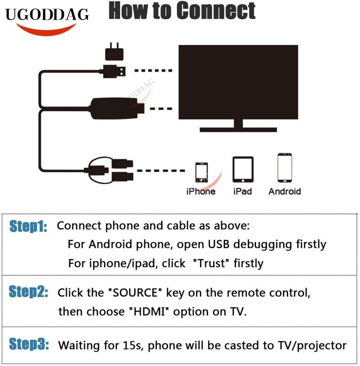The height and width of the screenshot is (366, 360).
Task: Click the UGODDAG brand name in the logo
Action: (x=47, y=15)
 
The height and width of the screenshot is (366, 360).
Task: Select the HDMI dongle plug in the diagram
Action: (x=117, y=109)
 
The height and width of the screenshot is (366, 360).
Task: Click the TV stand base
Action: (x=238, y=129)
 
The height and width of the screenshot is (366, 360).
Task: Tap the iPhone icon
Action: (x=201, y=172)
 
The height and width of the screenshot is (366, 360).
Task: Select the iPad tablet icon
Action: (x=243, y=170)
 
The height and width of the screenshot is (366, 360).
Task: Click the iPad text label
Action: (x=242, y=191)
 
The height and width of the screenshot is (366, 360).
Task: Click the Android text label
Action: (x=284, y=191)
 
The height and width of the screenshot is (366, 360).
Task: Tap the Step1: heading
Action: (x=28, y=226)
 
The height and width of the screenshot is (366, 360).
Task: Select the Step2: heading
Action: (x=28, y=293)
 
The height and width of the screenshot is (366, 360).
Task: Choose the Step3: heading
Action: (x=28, y=345)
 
